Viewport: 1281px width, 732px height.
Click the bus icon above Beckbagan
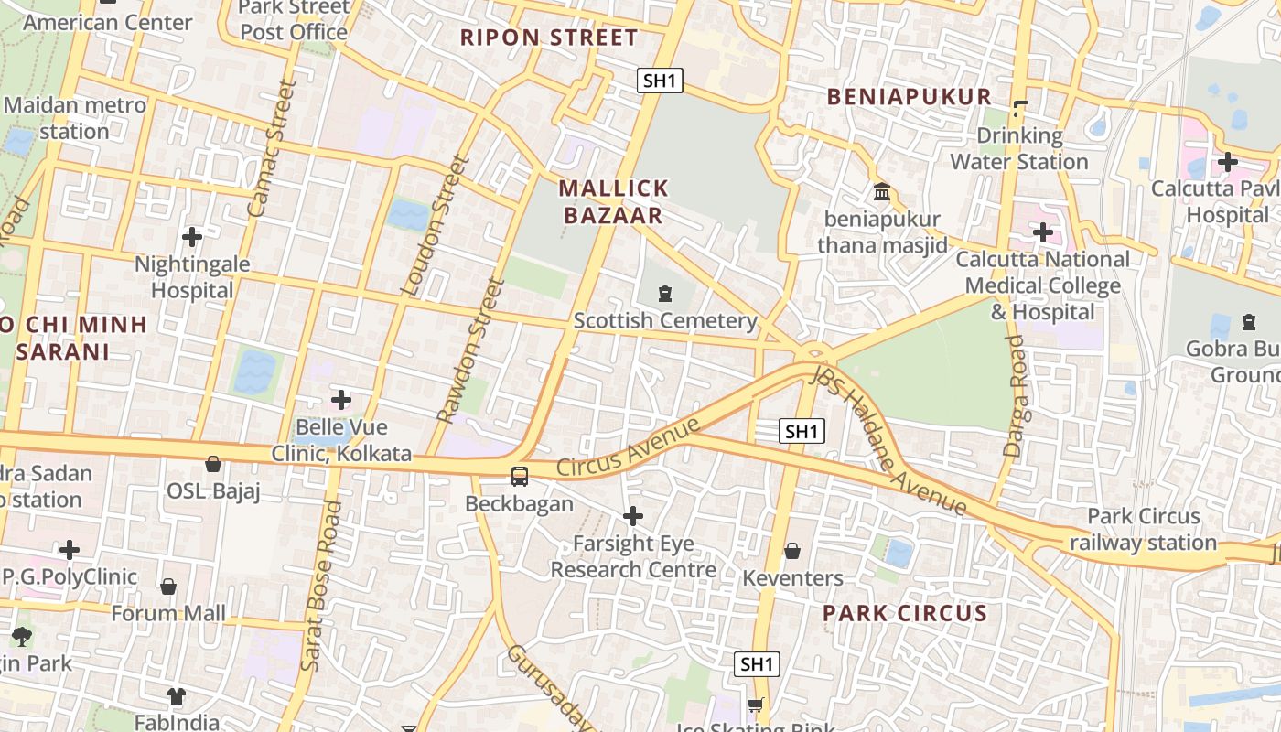click(520, 477)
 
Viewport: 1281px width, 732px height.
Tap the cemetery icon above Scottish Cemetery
click(664, 294)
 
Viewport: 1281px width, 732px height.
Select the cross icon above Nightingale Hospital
click(192, 237)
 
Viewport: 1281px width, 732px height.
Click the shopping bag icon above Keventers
click(792, 551)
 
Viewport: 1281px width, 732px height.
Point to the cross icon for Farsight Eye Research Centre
click(632, 517)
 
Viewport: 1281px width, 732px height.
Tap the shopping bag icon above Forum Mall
click(168, 586)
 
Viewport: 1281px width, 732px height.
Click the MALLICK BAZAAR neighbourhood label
click(613, 202)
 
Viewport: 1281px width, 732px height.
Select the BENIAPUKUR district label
click(910, 97)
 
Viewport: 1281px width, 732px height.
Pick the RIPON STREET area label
click(548, 38)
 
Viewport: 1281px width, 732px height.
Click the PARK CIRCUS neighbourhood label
click(905, 613)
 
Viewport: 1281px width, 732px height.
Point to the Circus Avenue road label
click(628, 447)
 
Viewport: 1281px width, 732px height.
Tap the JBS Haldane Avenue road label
click(888, 441)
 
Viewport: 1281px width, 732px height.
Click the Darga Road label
click(1016, 395)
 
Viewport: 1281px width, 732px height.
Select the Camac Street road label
click(273, 148)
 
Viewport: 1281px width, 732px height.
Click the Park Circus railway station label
click(1143, 529)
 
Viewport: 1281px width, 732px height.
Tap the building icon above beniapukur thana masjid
click(883, 192)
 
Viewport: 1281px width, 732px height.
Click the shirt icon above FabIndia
click(177, 696)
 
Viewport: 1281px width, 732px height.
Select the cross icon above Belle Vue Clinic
click(341, 400)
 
